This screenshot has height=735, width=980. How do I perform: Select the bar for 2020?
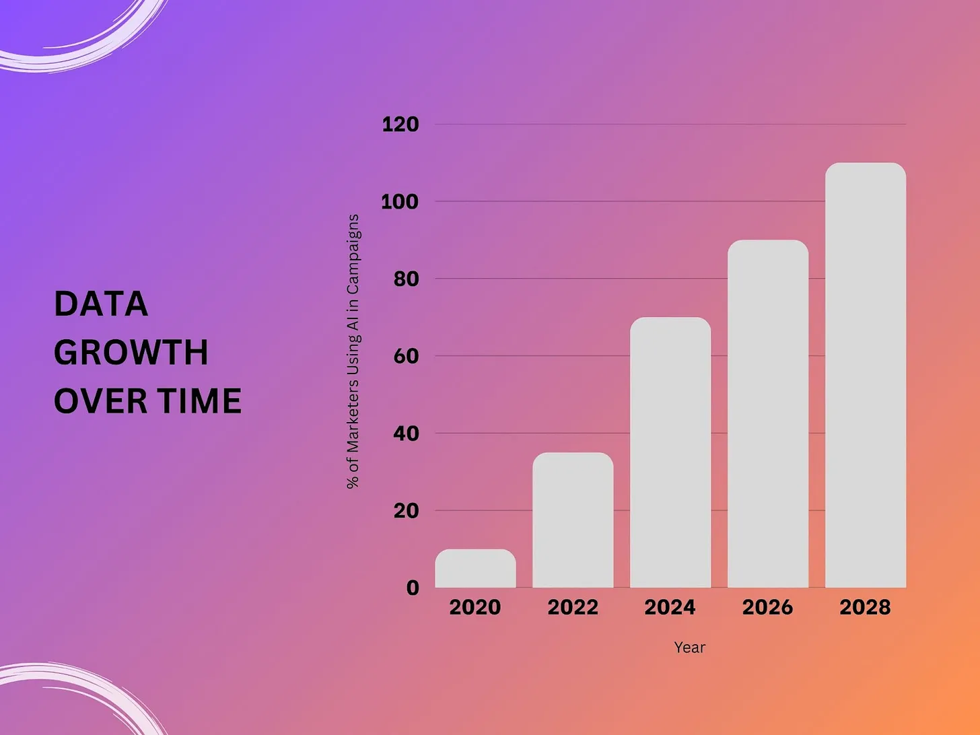tap(475, 569)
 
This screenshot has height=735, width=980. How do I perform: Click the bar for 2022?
tap(573, 520)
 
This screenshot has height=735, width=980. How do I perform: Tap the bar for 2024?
tap(670, 452)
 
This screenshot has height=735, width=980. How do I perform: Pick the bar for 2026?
tap(768, 414)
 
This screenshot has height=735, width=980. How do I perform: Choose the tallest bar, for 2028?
tap(866, 376)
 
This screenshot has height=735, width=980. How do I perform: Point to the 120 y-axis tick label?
tap(400, 125)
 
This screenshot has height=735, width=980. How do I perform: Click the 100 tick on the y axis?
tap(400, 202)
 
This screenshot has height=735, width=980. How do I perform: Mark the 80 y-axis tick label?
tap(406, 279)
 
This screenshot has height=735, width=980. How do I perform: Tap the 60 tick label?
tap(406, 356)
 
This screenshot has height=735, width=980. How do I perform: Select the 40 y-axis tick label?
tap(406, 433)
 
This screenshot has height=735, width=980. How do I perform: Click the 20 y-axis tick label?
tap(406, 511)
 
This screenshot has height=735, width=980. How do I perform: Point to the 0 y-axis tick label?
tap(413, 588)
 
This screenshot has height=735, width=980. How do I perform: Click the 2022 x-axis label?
tap(573, 607)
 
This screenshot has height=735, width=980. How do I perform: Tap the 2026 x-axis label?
tap(767, 607)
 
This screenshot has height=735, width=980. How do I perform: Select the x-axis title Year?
tap(689, 647)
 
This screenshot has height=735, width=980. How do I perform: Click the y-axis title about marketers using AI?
tap(353, 351)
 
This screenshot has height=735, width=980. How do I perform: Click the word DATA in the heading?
tap(101, 304)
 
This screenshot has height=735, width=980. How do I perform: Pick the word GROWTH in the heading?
tap(131, 353)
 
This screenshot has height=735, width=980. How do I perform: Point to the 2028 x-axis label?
tap(865, 607)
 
